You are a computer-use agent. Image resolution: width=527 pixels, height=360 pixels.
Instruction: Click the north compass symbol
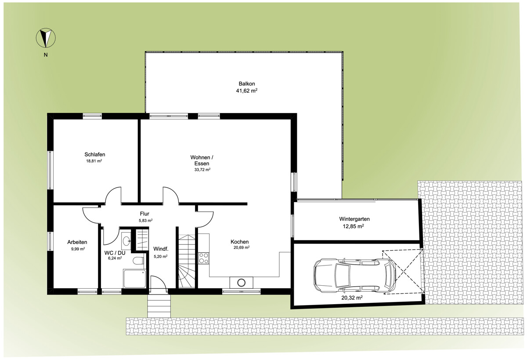[46, 38]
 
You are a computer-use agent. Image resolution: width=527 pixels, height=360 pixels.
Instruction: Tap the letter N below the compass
[46, 55]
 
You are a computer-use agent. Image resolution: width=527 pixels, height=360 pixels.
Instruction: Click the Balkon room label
[247, 84]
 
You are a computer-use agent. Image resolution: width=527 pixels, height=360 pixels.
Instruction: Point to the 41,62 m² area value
[246, 91]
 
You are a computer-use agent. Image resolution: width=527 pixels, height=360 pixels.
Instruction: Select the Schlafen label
[95, 154]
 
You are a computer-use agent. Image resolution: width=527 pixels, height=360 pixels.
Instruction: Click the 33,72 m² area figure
[202, 170]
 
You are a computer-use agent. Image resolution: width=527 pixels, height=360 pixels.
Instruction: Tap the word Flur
[144, 214]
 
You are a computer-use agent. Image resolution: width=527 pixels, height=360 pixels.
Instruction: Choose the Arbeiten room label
[77, 242]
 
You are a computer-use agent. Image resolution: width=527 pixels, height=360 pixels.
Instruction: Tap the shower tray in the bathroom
[134, 279]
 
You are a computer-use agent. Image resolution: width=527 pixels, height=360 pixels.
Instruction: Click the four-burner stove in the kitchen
[204, 258]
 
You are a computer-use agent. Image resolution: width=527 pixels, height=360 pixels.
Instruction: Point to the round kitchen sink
[242, 283]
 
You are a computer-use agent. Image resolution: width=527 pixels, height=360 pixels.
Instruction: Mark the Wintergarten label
[354, 219]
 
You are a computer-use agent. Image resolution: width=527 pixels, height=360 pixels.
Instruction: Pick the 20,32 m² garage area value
[352, 298]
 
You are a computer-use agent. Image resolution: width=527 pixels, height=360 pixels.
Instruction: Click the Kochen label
[239, 242]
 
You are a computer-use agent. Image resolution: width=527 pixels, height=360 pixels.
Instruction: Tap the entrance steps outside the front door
[159, 306]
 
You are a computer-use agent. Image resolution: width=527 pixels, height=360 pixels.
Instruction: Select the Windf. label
[161, 249]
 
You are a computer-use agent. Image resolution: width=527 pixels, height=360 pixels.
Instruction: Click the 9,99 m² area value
[78, 249]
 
